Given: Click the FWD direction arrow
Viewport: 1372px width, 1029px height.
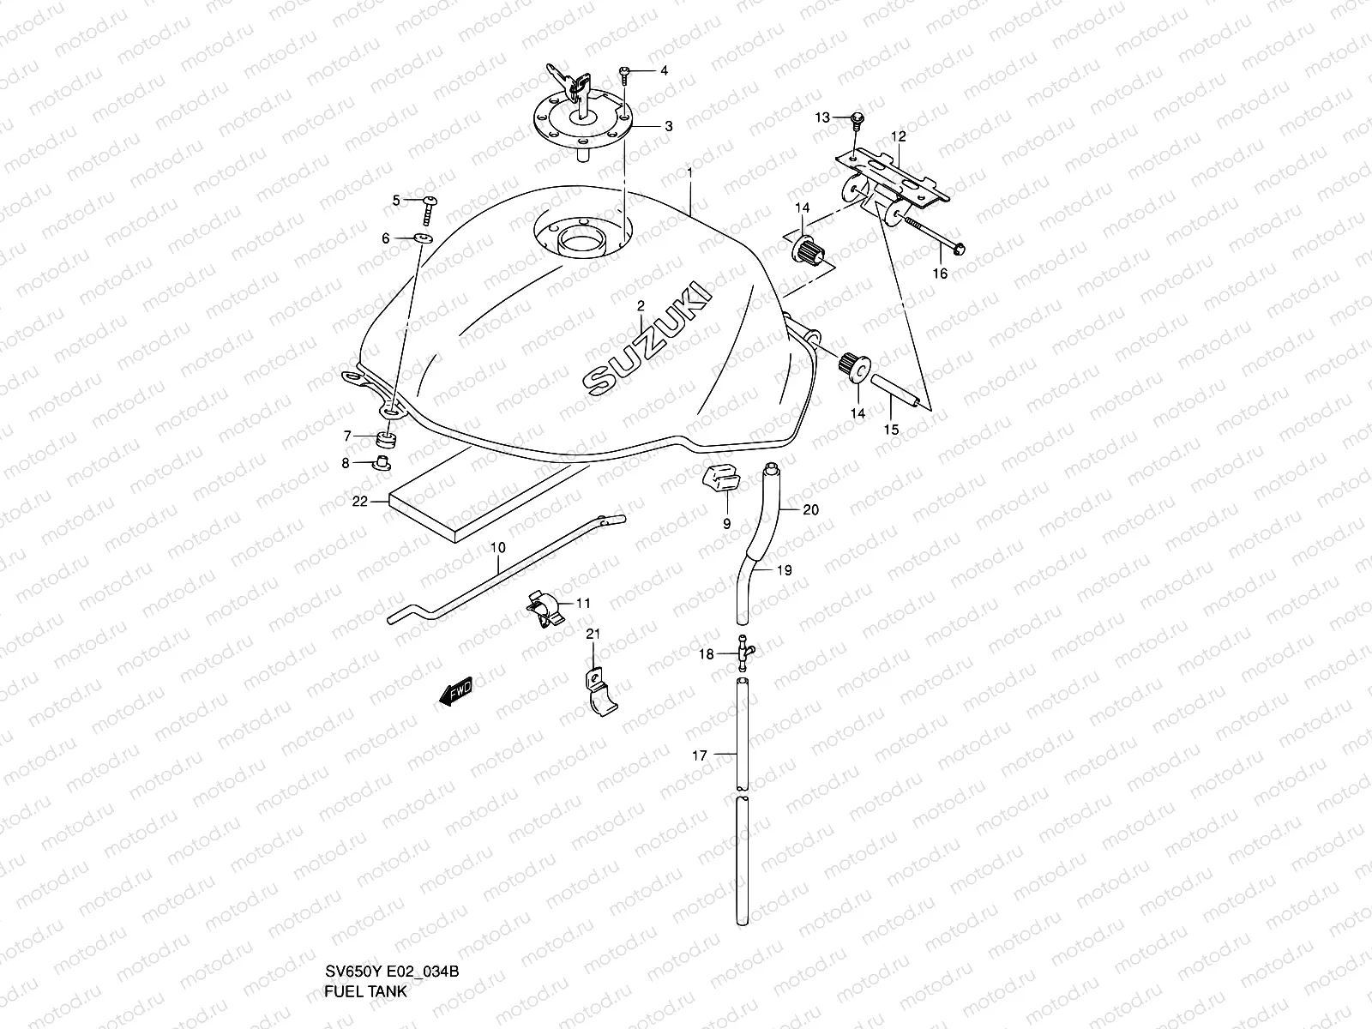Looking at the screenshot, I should tap(455, 690).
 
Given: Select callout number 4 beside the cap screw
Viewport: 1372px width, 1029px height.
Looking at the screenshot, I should tap(663, 70).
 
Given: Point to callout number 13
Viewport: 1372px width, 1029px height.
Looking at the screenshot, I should tap(822, 117).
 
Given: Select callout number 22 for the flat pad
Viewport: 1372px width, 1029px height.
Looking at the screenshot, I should tap(358, 501).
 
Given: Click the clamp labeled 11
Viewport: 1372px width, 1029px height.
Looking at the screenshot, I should tap(543, 611).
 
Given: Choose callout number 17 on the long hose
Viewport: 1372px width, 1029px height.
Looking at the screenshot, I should tap(700, 755).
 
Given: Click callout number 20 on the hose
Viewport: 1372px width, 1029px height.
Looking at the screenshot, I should tap(810, 509).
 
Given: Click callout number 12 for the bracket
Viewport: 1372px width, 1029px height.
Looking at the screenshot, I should tap(898, 136).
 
